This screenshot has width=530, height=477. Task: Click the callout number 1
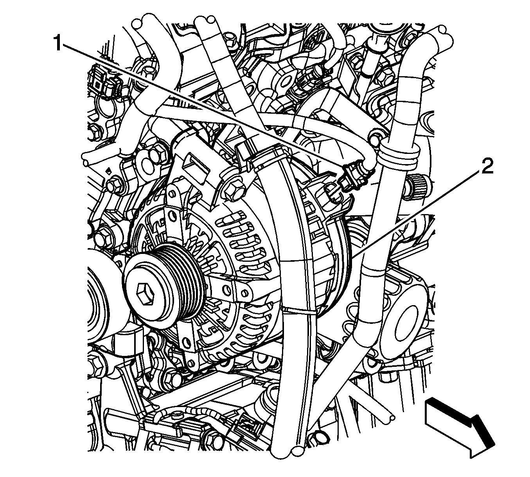click(x=57, y=43)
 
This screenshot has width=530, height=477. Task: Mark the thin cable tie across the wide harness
click(x=299, y=310)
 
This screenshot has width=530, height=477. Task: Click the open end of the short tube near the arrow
click(x=389, y=418)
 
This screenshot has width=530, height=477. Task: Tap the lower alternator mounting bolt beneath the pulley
click(x=172, y=377)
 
